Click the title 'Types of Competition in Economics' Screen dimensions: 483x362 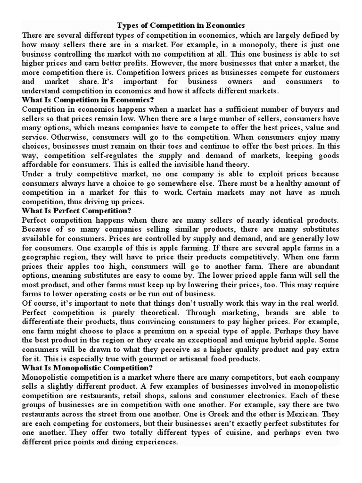(181, 25)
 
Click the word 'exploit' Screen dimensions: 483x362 (258, 174)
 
